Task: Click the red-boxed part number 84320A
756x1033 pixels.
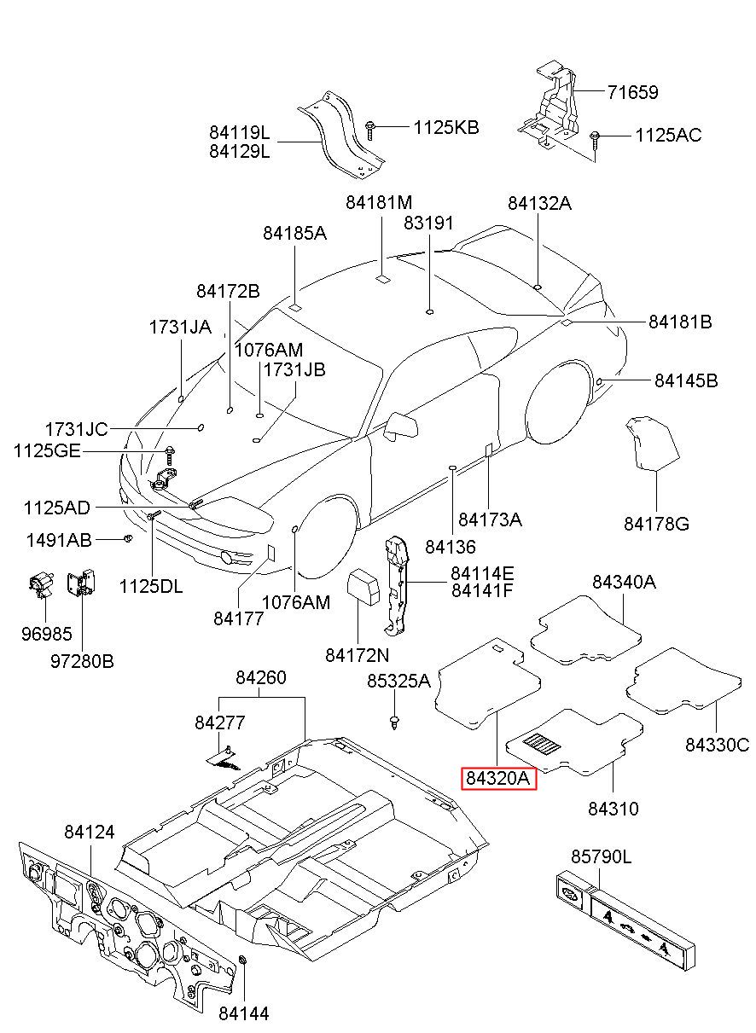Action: (498, 778)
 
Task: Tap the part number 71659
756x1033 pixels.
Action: (632, 92)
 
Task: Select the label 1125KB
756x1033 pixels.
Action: (446, 127)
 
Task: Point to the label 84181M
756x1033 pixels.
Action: (379, 202)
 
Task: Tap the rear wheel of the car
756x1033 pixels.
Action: (559, 402)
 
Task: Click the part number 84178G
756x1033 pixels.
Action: (656, 524)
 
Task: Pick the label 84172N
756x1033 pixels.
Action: (357, 655)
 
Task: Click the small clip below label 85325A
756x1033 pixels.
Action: (394, 723)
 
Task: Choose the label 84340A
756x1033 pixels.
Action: (624, 582)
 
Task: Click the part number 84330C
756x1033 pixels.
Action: (718, 745)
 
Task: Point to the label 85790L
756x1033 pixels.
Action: (601, 856)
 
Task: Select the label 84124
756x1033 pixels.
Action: (89, 832)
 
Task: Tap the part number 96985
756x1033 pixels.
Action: (47, 634)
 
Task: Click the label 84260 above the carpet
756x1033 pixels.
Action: (261, 677)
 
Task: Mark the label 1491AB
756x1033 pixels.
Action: (59, 540)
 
